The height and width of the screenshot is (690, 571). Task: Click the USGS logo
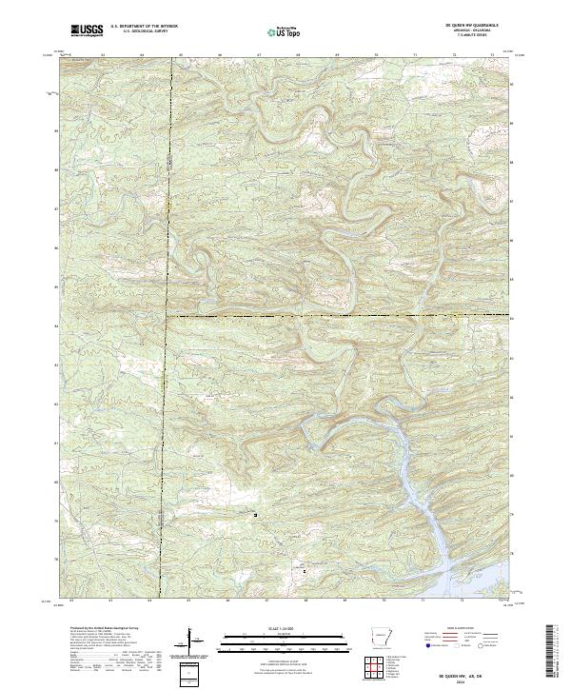85,30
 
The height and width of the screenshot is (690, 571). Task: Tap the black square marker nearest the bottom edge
305,571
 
